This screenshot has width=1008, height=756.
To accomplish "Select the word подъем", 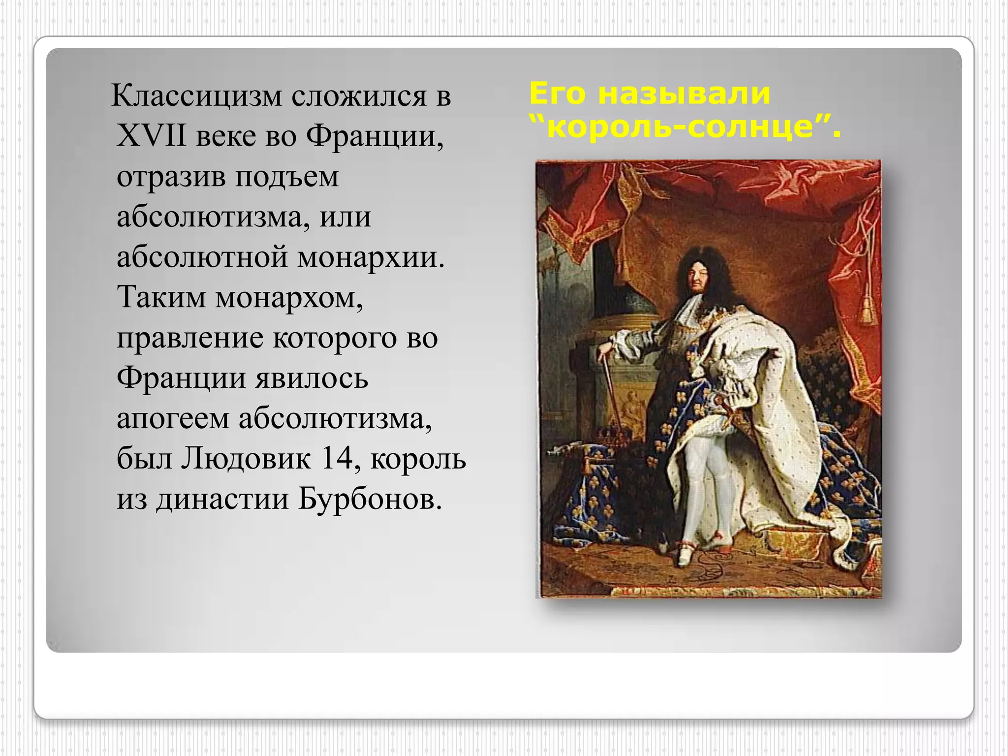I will [286, 176].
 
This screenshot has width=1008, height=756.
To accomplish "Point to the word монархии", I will [370, 257].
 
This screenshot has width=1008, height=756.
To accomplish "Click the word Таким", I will [161, 297].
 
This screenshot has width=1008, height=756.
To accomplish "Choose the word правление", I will [190, 338].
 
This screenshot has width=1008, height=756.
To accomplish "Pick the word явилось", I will [312, 378].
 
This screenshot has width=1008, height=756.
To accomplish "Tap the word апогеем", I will [173, 419].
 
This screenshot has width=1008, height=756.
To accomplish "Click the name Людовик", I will [246, 459].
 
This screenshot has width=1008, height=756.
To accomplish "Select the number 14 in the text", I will [337, 459].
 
